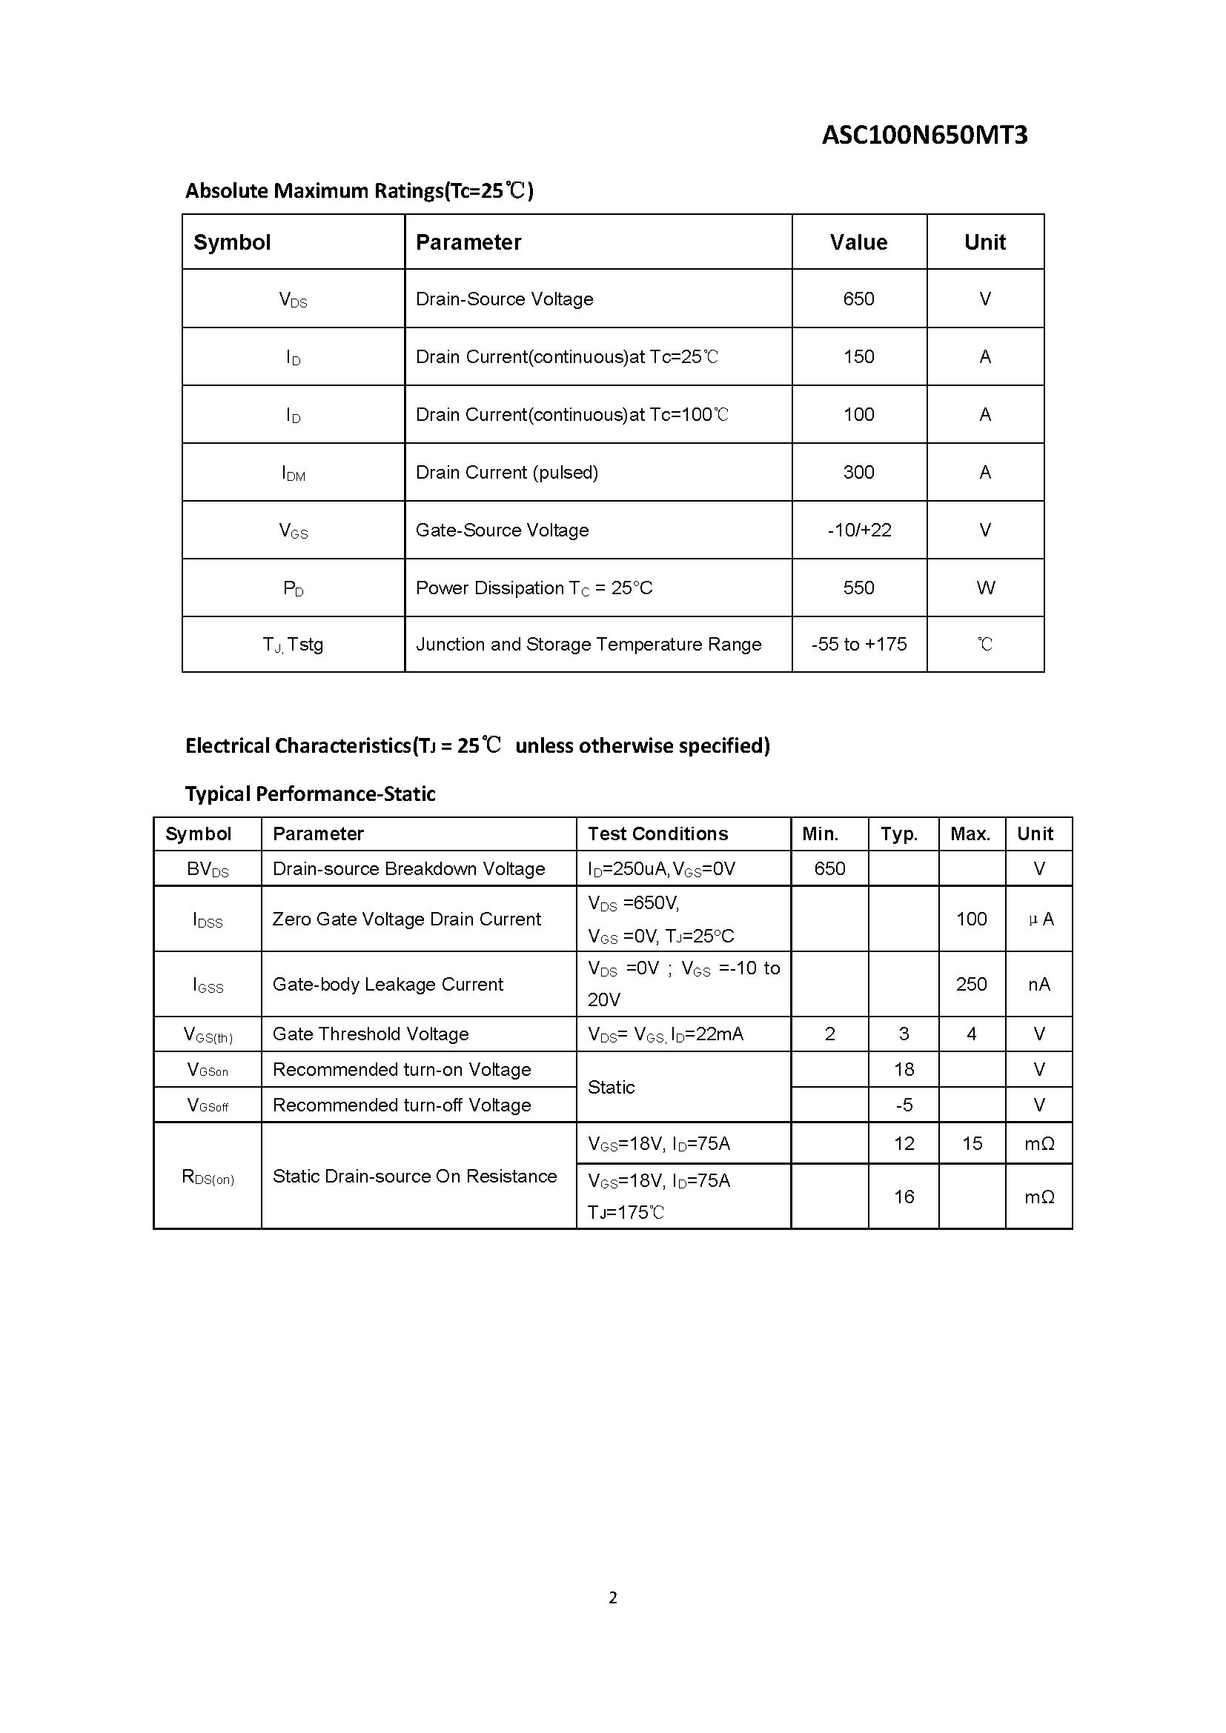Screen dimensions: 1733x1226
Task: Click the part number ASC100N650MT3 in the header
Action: coord(924,135)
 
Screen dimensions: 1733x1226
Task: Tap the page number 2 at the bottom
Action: coord(612,1597)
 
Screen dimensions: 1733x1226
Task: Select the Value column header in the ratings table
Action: coord(858,242)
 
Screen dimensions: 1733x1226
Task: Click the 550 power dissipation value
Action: coord(858,588)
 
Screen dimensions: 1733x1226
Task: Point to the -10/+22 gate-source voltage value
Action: coord(858,530)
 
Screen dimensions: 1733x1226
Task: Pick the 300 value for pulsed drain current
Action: coord(858,473)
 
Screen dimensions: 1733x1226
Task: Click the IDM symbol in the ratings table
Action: coord(293,473)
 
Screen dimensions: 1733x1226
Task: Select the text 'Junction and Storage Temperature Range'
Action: coord(588,645)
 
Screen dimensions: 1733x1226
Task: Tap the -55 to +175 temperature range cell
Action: coord(858,645)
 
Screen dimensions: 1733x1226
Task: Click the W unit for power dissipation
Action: coord(985,588)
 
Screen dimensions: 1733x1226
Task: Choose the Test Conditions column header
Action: coord(657,834)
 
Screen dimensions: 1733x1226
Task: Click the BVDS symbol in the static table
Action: coord(208,870)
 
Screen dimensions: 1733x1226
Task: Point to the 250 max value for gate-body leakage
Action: coord(971,984)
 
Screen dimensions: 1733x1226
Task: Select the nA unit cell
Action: coord(1038,984)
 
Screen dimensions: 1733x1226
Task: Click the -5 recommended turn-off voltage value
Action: coord(904,1105)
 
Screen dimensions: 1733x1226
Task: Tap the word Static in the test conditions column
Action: coord(611,1088)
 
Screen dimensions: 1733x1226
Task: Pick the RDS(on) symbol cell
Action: coord(208,1177)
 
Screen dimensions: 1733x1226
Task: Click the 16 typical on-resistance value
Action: coord(904,1197)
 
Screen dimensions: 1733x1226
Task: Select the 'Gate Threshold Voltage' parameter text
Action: coord(370,1034)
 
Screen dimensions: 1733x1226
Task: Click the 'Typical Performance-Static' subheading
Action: coord(311,794)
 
